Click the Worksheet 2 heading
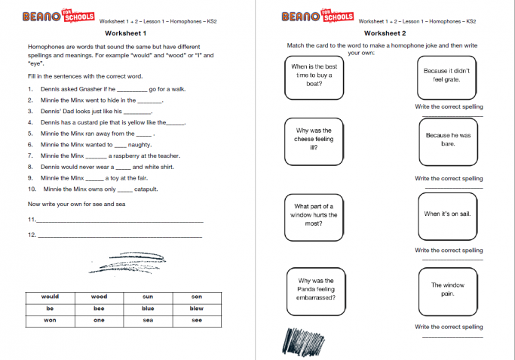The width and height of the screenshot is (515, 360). tap(385, 34)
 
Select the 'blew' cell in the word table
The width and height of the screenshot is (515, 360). tap(196, 308)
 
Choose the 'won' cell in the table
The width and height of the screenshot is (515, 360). tap(50, 320)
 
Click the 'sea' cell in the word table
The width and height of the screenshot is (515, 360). tap(148, 320)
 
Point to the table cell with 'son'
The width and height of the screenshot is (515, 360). tap(196, 297)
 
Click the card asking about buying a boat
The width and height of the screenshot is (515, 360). tap(314, 75)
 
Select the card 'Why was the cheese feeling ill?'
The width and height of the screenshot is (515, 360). tap(314, 139)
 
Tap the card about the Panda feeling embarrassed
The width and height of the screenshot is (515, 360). tap(314, 288)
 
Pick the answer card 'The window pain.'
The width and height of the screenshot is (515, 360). tap(447, 289)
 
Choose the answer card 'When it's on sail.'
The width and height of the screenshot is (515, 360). tap(447, 214)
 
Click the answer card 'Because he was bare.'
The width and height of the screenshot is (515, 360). tap(447, 139)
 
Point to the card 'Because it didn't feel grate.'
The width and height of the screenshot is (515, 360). tap(447, 75)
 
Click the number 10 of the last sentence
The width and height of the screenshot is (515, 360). tap(31, 189)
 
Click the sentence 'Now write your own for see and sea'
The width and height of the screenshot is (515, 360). tap(75, 204)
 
